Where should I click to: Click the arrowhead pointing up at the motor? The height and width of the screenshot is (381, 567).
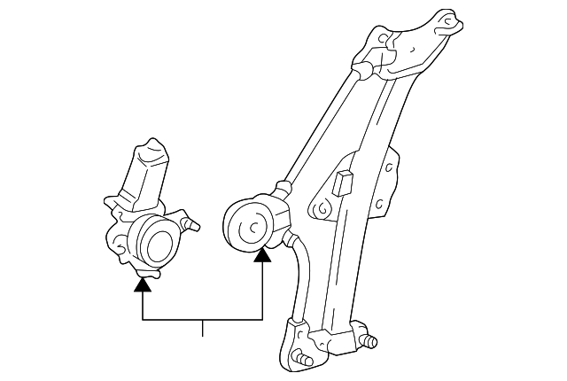(x=142, y=284)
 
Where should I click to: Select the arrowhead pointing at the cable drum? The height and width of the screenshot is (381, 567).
(x=262, y=256)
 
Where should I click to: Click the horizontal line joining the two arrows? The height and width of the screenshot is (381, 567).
(x=202, y=316)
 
